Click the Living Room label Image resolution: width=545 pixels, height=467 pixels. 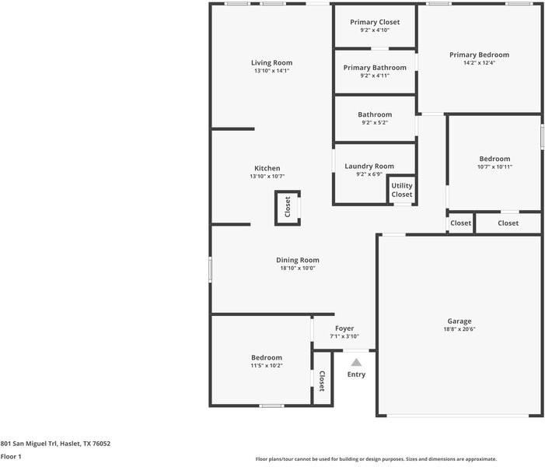coord(271,63)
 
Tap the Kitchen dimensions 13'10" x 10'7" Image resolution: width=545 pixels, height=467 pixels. coord(267,177)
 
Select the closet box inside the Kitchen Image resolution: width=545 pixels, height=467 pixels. coord(288,207)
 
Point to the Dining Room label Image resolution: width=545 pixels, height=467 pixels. coord(298,260)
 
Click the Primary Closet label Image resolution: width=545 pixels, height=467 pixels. coord(375,22)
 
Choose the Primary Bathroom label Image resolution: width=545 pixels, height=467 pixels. coord(375,68)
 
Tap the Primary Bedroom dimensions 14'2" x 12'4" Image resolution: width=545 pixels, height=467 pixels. coord(479,63)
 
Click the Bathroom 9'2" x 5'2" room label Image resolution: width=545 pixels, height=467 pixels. coord(375,115)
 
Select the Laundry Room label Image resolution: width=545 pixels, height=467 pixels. coord(369,166)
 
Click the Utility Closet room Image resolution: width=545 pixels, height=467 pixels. coord(402,190)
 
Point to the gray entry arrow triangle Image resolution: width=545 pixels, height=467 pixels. coord(356,362)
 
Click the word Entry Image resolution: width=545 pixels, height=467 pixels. coord(356,374)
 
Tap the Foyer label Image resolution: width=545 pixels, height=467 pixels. coord(344,328)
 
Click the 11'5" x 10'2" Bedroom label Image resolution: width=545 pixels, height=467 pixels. coord(266,358)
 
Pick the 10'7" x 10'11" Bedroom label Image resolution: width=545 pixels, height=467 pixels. coord(494,159)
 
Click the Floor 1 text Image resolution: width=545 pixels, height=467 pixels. coord(11,457)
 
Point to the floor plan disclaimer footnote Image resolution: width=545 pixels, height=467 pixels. coord(376,459)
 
